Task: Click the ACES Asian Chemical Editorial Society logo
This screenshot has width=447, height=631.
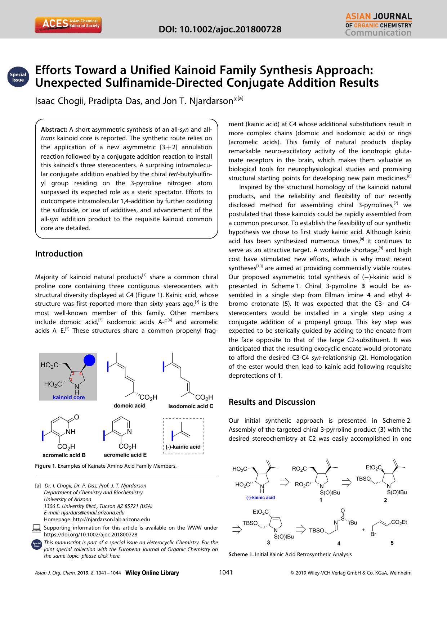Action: (68, 24)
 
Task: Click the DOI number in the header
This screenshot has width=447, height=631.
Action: (220, 29)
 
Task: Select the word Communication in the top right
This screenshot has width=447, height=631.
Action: (378, 33)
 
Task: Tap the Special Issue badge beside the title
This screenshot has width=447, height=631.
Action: (18, 77)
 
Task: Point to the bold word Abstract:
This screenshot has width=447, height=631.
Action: (54, 130)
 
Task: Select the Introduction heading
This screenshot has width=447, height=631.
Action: (59, 254)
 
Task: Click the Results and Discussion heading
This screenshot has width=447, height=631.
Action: (272, 402)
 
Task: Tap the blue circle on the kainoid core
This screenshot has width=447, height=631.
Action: (89, 360)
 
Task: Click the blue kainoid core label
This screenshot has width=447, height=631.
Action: (69, 397)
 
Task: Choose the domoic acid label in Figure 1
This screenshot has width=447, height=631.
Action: (129, 405)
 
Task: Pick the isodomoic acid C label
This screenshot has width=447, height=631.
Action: (191, 406)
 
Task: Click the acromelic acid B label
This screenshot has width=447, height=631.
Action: (64, 455)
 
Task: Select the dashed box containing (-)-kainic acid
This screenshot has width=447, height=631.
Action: (183, 436)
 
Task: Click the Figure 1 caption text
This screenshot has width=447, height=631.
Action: (106, 466)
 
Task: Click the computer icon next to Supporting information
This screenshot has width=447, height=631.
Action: (36, 528)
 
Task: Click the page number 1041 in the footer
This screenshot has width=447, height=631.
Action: (226, 572)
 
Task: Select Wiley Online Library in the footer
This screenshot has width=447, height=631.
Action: (152, 573)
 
